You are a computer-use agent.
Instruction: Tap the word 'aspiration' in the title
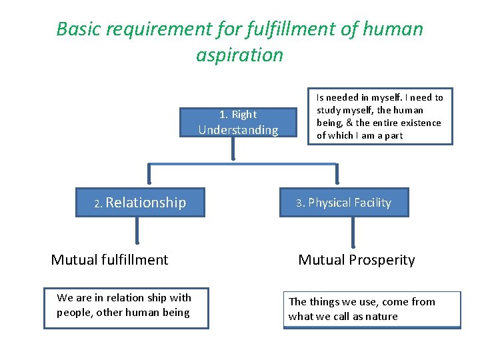[x=239, y=55]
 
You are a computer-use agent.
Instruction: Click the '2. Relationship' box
[x=141, y=203]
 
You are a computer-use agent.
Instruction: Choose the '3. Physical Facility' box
[x=344, y=203]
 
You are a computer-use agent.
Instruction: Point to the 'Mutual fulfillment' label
[x=109, y=260]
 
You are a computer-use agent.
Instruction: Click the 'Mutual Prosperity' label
[x=356, y=260]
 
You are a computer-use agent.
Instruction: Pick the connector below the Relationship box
[x=137, y=231]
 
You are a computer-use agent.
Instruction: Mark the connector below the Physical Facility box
[x=353, y=232]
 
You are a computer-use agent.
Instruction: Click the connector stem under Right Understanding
[x=233, y=149]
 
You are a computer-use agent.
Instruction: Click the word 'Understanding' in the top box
[x=238, y=130]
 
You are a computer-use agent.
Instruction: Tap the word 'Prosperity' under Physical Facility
[x=380, y=260]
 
